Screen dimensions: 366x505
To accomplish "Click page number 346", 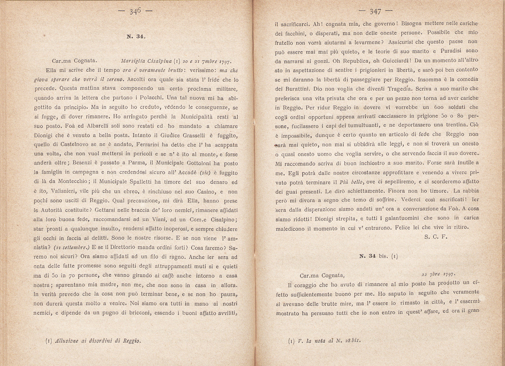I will [x=135, y=12].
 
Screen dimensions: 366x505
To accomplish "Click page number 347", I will [x=375, y=12].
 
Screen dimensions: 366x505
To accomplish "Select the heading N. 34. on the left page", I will [x=136, y=37].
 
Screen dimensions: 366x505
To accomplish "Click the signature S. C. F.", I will [x=436, y=237].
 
